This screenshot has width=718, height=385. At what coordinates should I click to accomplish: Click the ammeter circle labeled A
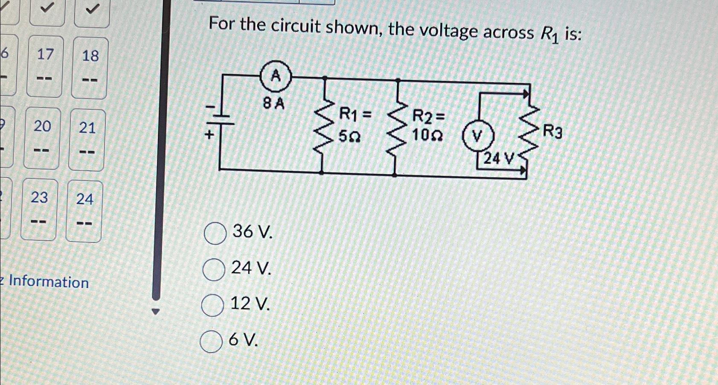pyautogui.click(x=276, y=77)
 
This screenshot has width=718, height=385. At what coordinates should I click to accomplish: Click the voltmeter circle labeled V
pyautogui.click(x=477, y=137)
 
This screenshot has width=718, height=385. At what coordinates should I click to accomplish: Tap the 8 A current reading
pyautogui.click(x=273, y=103)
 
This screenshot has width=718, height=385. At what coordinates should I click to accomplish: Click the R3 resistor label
pyautogui.click(x=552, y=132)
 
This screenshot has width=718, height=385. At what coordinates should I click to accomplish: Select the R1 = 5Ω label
pyautogui.click(x=354, y=125)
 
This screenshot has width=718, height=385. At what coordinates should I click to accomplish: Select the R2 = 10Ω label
pyautogui.click(x=428, y=125)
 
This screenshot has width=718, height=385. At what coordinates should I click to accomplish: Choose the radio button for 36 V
pyautogui.click(x=215, y=233)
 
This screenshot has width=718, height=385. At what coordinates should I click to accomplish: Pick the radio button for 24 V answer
pyautogui.click(x=214, y=270)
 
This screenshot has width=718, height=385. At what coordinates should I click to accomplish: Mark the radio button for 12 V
pyautogui.click(x=212, y=306)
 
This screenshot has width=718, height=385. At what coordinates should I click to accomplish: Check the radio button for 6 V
pyautogui.click(x=211, y=341)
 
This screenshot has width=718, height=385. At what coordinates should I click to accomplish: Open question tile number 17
pyautogui.click(x=45, y=66)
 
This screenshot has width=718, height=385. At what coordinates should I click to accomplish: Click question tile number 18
pyautogui.click(x=90, y=67)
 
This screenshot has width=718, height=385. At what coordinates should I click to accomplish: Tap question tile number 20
pyautogui.click(x=42, y=137)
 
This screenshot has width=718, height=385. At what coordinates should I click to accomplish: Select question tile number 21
pyautogui.click(x=87, y=139)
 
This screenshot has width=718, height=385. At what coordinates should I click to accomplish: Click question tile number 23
pyautogui.click(x=39, y=209)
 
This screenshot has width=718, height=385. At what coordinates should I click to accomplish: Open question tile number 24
pyautogui.click(x=84, y=211)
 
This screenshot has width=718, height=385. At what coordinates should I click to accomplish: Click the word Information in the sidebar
pyautogui.click(x=49, y=282)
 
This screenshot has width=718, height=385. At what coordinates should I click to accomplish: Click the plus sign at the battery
pyautogui.click(x=209, y=135)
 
